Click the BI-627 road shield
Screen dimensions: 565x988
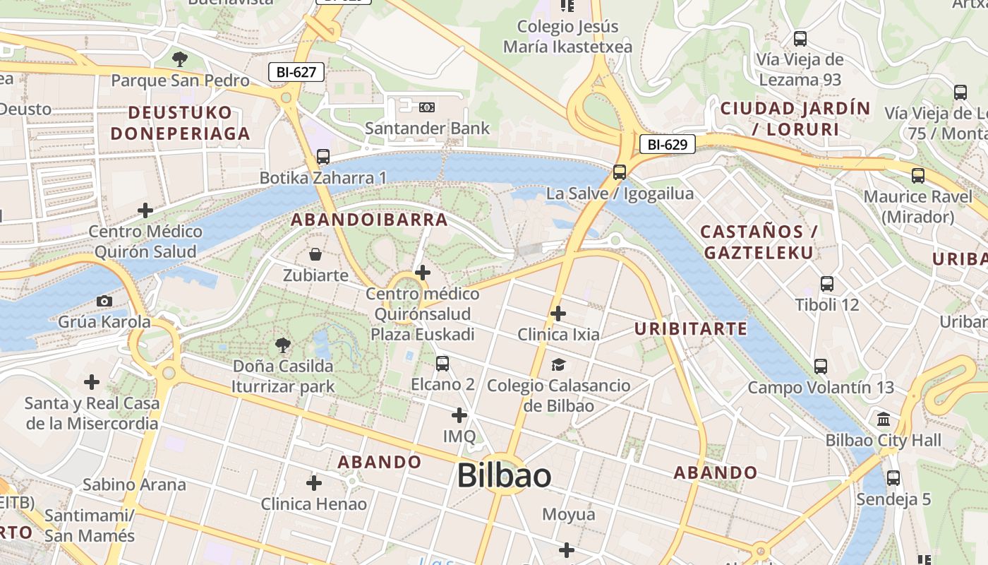(296, 71)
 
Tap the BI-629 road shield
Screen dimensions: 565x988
(667, 145)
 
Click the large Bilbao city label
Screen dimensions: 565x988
(504, 475)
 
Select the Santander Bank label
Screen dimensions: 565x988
(427, 129)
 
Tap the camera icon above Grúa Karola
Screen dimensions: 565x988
(104, 301)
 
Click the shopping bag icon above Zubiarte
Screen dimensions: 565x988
(315, 254)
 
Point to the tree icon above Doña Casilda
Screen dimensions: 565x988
(283, 345)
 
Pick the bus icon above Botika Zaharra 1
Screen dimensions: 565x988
(323, 156)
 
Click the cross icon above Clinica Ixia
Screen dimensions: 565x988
(558, 313)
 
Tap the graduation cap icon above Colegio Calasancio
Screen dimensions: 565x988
(558, 364)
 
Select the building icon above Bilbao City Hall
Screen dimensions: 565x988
(884, 420)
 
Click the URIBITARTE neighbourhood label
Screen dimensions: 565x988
(690, 328)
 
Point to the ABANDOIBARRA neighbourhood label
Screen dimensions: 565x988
(370, 220)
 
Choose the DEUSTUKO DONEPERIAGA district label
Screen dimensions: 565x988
(180, 123)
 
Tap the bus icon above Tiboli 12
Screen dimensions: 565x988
(827, 284)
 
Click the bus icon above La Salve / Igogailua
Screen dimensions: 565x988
(620, 172)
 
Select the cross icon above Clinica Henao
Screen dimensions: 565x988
(314, 483)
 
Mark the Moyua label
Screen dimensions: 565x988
(569, 515)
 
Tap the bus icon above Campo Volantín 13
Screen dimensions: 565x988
(821, 367)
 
